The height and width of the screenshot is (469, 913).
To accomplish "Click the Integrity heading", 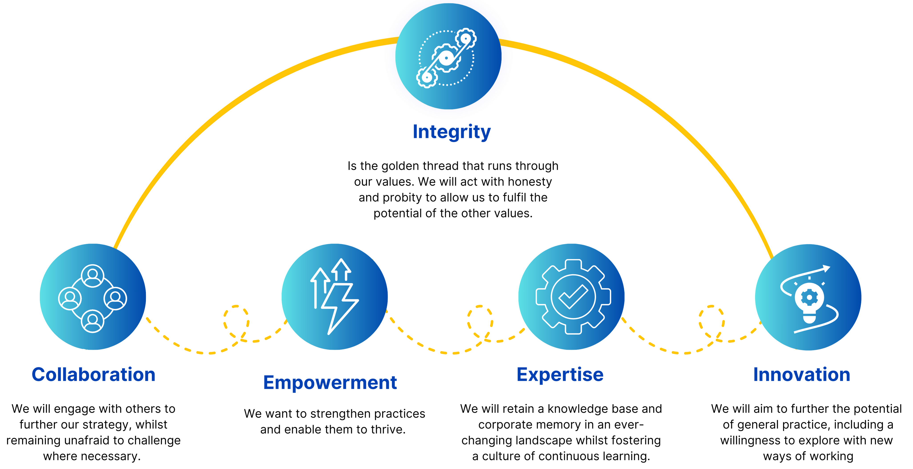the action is click(452, 132).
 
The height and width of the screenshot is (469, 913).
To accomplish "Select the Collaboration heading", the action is click(94, 374).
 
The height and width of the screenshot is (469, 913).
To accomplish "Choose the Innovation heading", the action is click(802, 374).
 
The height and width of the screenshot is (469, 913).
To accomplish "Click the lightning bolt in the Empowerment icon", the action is click(339, 308).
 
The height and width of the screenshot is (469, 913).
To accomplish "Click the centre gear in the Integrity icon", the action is click(446, 58).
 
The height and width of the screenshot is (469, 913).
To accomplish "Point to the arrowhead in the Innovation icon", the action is click(826, 268).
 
